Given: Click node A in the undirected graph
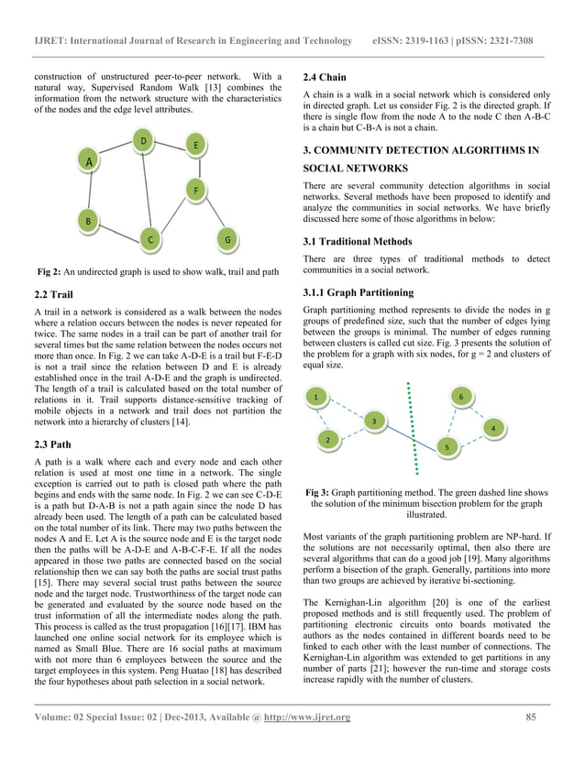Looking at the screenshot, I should [x=89, y=161].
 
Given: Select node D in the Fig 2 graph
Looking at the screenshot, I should [x=143, y=140].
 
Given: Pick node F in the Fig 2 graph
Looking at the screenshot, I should [x=195, y=190].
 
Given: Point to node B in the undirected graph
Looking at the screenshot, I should [x=87, y=221].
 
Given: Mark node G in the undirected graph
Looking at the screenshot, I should [x=226, y=240].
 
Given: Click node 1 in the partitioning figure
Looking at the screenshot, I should [x=316, y=398].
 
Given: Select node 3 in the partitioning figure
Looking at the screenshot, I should [x=372, y=421].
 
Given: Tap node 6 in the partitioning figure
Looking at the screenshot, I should [x=460, y=396].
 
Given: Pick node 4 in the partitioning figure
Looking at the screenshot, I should [x=493, y=428].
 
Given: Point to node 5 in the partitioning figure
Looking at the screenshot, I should [x=446, y=446].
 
